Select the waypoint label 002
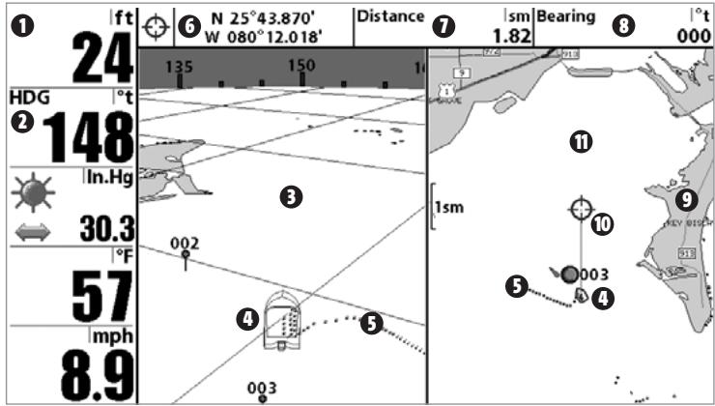tap(184, 242)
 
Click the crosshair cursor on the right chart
tap(580, 209)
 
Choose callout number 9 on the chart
tap(686, 200)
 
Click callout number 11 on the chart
tap(580, 143)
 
